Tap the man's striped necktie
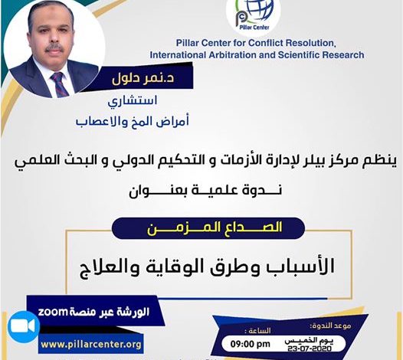point(60,84)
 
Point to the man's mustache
point(54,48)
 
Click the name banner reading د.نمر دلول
point(143,78)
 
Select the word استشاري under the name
point(133,101)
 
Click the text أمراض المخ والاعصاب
point(133,121)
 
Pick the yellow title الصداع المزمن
point(215,228)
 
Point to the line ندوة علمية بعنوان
point(205,191)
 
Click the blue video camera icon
point(24,326)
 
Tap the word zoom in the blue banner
point(53,312)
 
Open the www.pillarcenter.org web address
point(91,345)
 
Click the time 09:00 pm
point(250,344)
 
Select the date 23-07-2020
point(310,349)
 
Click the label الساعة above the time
point(257,330)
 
